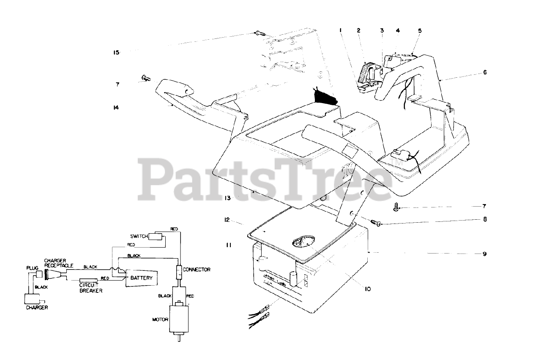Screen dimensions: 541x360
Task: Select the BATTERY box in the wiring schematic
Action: coord(138,278)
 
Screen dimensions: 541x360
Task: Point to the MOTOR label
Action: coord(160,319)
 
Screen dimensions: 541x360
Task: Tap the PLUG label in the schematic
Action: coord(32,268)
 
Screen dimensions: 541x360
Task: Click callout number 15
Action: coord(116,52)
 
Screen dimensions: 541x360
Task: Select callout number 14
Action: coord(116,107)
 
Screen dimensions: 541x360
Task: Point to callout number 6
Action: coord(484,72)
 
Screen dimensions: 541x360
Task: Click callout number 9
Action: coord(484,254)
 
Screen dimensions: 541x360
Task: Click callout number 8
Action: coord(484,220)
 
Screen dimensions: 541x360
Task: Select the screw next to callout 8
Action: coord(376,222)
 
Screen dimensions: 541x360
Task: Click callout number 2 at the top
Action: coord(358,30)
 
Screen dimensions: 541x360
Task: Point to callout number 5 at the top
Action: coord(420,30)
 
